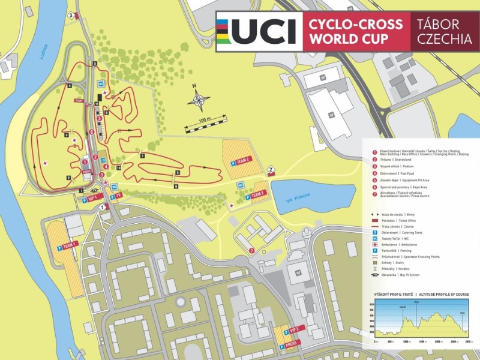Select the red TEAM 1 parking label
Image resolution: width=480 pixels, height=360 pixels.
[71, 246]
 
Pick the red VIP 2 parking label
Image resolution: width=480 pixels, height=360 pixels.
[294, 329]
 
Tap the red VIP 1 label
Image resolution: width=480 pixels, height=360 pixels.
[92, 197]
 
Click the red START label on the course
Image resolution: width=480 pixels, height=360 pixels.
[79, 101]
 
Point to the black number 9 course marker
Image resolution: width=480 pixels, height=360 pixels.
[176, 187]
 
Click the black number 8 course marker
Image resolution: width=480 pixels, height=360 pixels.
[177, 173]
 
